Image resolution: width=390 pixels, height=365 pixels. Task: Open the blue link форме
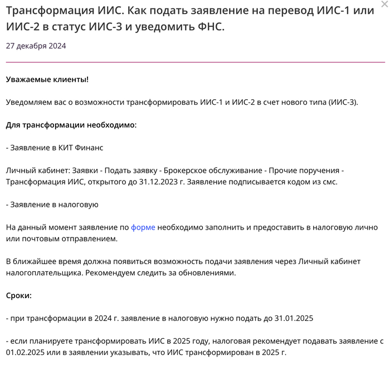pyautogui.click(x=143, y=227)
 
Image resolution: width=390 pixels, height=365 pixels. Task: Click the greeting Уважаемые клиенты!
pyautogui.click(x=47, y=79)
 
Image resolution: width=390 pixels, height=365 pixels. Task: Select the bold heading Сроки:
pyautogui.click(x=19, y=295)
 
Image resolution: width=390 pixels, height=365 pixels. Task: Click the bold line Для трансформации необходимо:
pyautogui.click(x=71, y=125)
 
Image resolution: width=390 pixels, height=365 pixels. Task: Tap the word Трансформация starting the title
pyautogui.click(x=48, y=11)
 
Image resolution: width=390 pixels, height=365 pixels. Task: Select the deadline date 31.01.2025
pyautogui.click(x=294, y=318)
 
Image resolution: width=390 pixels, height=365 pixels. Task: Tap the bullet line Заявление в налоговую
pyautogui.click(x=54, y=205)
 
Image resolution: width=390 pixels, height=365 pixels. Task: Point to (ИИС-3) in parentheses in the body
pyautogui.click(x=343, y=102)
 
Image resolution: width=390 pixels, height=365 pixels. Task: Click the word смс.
pyautogui.click(x=329, y=182)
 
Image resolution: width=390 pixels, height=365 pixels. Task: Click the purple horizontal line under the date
pyautogui.click(x=195, y=62)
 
